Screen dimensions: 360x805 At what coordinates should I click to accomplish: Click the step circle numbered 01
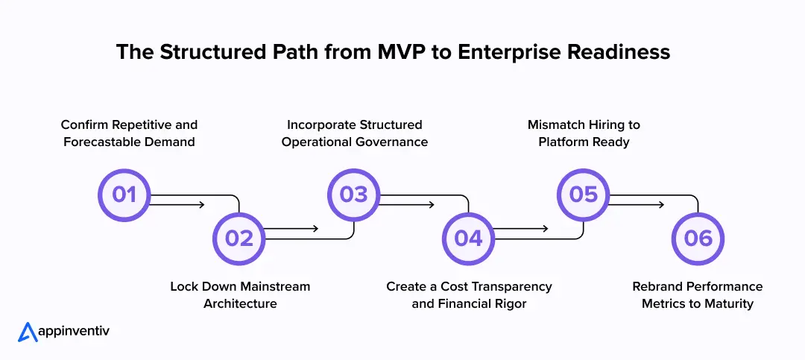124,195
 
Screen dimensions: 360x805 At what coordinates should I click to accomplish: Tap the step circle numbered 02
239,238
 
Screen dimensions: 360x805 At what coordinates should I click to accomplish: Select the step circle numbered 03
354,195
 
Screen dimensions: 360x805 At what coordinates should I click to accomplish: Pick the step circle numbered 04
469,238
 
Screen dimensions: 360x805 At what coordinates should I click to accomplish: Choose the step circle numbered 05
584,195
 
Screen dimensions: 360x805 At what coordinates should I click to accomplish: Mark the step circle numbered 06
698,238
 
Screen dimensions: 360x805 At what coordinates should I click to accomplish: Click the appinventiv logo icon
28,332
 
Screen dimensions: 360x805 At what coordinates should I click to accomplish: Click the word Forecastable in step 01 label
101,142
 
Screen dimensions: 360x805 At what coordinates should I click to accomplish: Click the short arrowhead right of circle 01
201,204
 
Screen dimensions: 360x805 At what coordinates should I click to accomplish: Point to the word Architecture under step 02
240,304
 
